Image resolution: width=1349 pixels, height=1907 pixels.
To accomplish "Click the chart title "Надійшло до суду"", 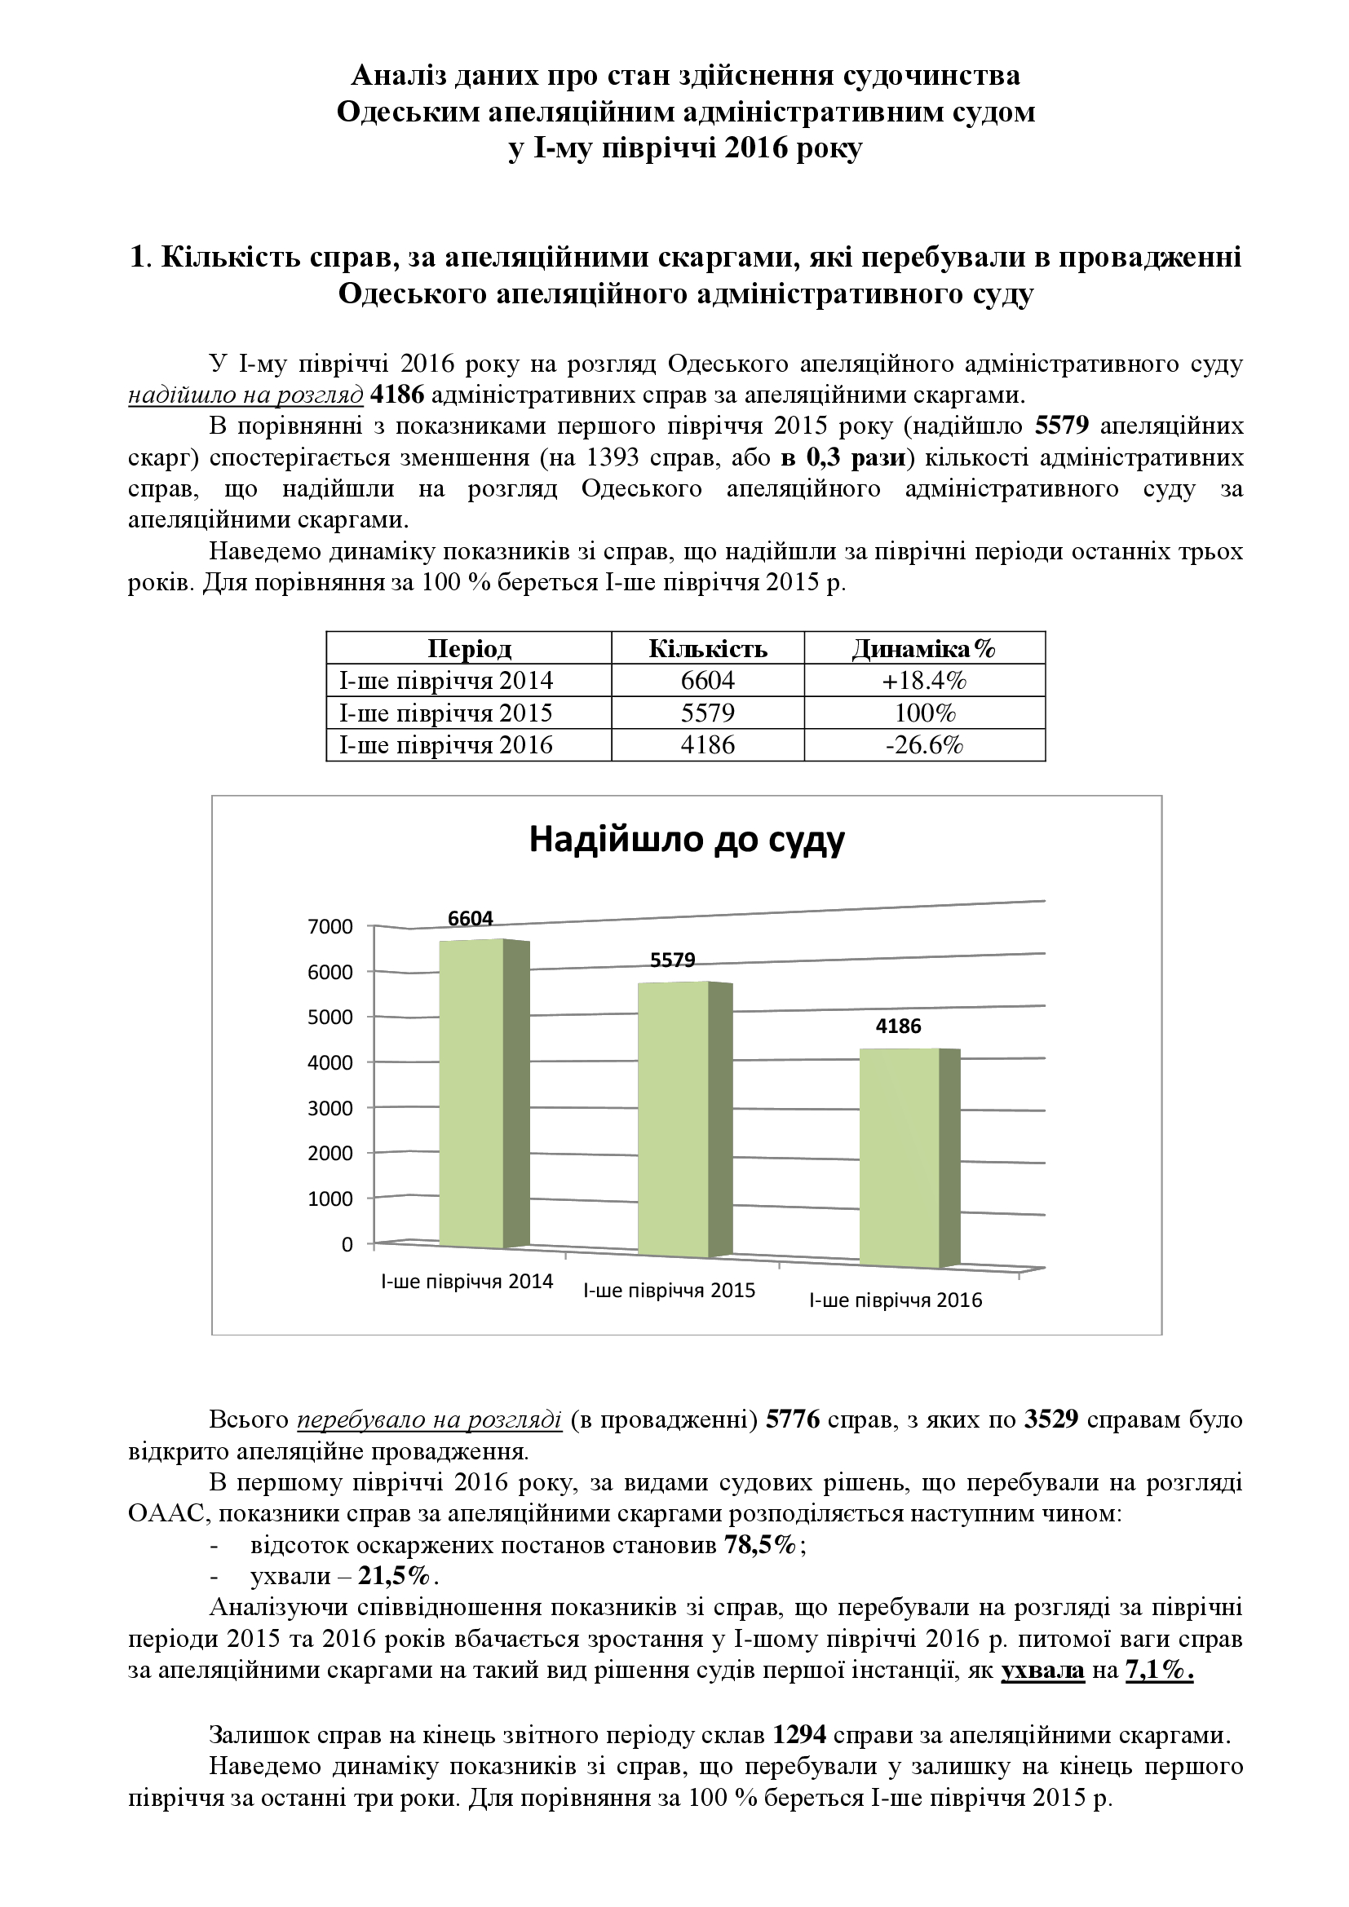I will (x=686, y=840).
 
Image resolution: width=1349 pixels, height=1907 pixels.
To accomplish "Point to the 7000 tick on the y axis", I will (x=330, y=927).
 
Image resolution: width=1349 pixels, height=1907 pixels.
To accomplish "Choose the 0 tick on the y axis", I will (x=347, y=1244).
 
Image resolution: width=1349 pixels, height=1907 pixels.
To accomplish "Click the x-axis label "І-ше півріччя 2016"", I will (x=896, y=1300).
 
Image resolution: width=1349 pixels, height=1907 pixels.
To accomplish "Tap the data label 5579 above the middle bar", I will (x=672, y=960).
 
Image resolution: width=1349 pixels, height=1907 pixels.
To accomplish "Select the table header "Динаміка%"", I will (x=924, y=649).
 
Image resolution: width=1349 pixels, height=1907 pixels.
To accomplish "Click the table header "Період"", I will (x=469, y=649).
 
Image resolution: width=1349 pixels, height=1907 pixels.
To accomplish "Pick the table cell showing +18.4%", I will (x=924, y=681).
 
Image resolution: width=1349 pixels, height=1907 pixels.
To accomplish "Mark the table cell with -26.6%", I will (x=924, y=745).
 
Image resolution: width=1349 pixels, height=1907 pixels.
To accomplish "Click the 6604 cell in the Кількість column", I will (x=708, y=681).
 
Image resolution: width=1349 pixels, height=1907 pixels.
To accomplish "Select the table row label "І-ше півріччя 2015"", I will (x=446, y=713).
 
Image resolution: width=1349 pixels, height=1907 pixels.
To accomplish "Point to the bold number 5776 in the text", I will (x=793, y=1419).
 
